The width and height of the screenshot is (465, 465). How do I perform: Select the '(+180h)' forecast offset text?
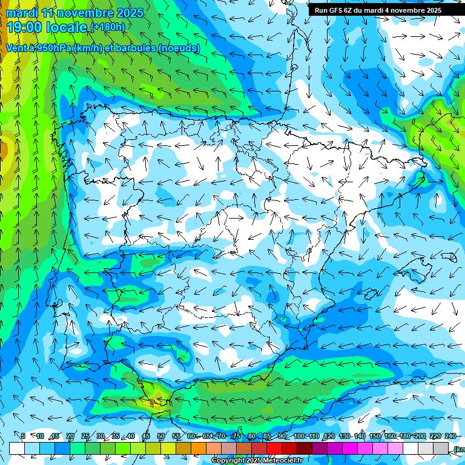[x=108, y=27]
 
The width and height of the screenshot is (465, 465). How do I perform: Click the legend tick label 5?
[x=23, y=436]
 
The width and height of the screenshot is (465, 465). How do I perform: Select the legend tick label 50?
[x=160, y=436]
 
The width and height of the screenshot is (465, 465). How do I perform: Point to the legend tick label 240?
[x=450, y=436]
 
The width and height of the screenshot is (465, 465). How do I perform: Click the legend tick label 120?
[x=329, y=436]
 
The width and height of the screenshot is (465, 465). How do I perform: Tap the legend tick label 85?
[x=267, y=436]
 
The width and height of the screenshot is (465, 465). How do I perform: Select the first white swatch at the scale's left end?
[x=17, y=448]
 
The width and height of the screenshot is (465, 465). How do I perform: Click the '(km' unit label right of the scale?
[x=458, y=449]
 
